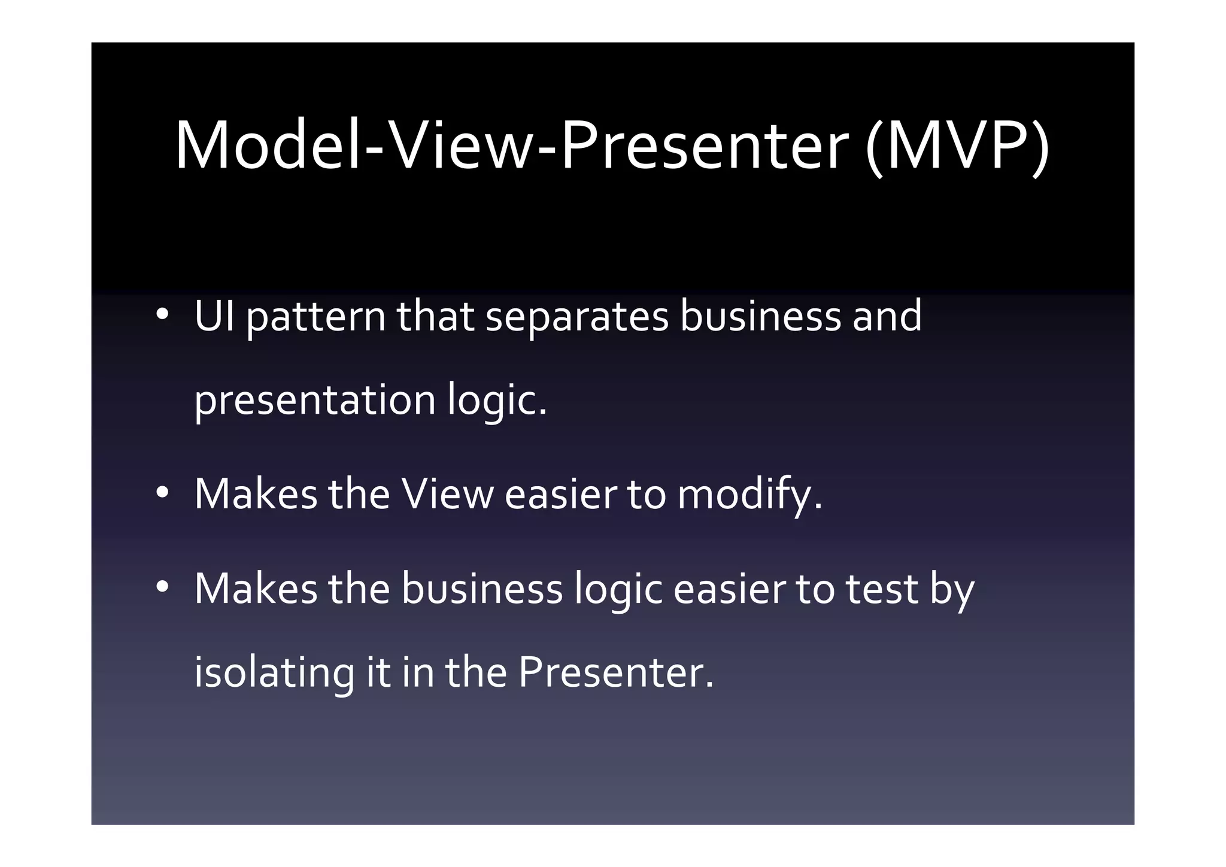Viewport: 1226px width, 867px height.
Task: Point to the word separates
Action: [576, 317]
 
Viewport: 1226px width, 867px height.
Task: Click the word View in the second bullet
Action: [447, 495]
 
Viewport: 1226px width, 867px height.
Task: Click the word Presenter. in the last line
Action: [616, 672]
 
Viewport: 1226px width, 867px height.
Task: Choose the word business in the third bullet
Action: [482, 589]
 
